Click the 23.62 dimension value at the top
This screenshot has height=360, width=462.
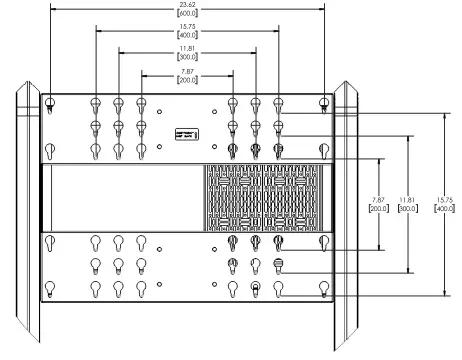187,5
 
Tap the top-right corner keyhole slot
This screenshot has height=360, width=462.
323,103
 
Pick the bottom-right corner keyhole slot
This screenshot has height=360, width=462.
323,288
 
